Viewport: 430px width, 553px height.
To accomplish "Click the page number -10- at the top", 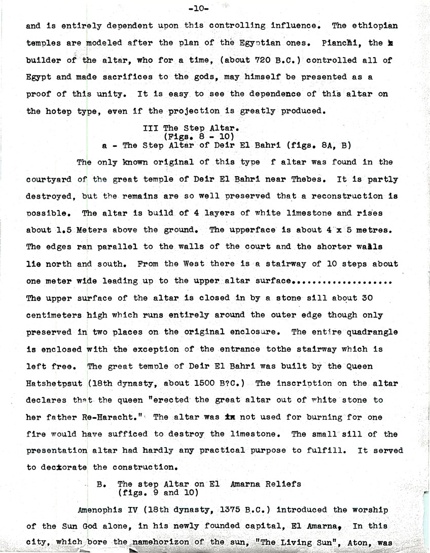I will coord(197,8).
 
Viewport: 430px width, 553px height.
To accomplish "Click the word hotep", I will coord(55,111).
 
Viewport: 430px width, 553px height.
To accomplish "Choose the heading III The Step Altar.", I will coord(188,128).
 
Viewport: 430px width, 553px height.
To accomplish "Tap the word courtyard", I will coord(48,179).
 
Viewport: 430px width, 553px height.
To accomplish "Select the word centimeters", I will coord(54,315).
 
